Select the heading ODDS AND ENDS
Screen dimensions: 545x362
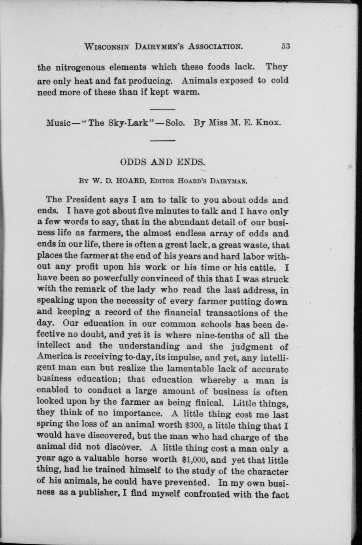(162, 162)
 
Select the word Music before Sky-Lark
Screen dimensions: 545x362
(58, 123)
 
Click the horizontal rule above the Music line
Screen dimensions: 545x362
(162, 109)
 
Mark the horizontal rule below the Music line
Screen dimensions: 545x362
(162, 140)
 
